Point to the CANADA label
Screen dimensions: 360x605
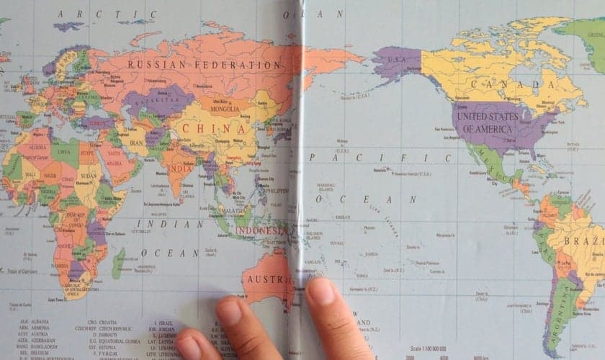pos(512,85)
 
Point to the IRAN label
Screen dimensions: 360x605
pos(136,143)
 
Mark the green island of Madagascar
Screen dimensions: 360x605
pos(117,264)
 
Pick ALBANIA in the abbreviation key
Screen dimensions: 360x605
pos(37,321)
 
